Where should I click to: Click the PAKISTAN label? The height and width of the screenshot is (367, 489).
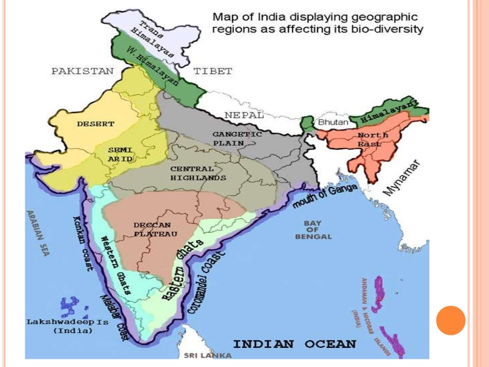click(x=83, y=71)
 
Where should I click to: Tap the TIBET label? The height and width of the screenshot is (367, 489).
click(x=213, y=71)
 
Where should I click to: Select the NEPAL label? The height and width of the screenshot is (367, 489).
click(x=244, y=115)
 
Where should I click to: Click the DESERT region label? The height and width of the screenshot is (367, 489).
click(x=96, y=124)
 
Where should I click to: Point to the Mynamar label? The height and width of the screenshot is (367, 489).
click(x=402, y=178)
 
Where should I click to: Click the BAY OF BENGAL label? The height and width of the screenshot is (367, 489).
click(x=313, y=230)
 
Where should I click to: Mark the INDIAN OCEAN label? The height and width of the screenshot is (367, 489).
click(x=294, y=344)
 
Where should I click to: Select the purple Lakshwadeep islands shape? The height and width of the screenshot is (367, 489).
click(x=70, y=306)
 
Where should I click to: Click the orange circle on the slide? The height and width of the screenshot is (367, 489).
click(x=450, y=320)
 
